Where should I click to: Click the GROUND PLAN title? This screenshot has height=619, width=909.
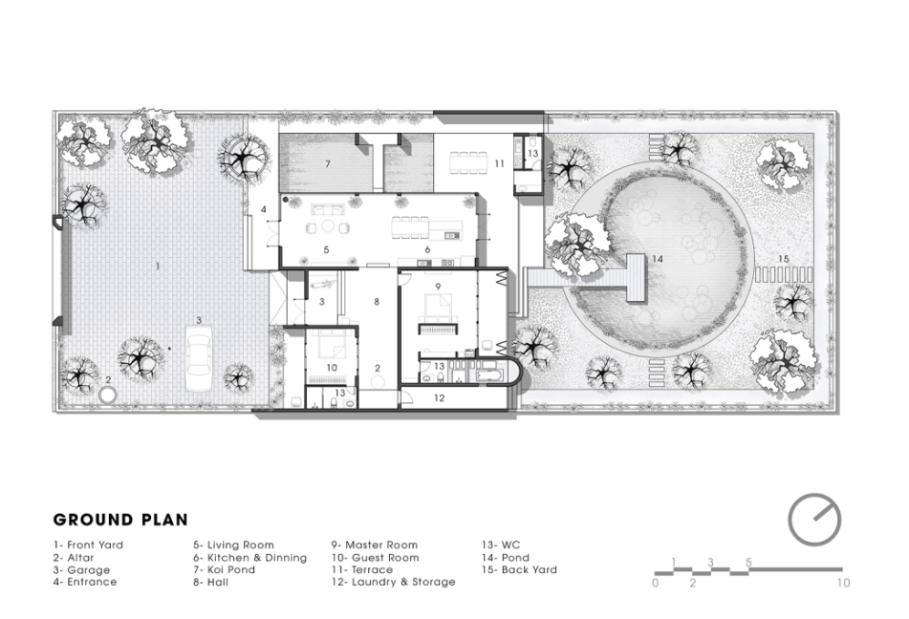tap(120, 520)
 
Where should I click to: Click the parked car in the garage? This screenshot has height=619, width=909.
tap(199, 359)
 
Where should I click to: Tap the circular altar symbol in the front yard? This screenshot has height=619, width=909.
tap(108, 395)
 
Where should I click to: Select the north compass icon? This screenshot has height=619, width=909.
tap(814, 520)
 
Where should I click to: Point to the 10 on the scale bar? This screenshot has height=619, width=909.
tap(843, 583)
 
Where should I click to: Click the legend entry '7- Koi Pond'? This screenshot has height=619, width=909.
tap(224, 569)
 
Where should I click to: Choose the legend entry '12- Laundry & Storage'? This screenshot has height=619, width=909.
tap(393, 582)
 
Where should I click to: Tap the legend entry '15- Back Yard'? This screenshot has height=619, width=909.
tap(519, 569)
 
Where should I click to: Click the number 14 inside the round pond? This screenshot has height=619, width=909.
tap(657, 259)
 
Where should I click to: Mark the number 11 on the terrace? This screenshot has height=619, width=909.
tap(499, 164)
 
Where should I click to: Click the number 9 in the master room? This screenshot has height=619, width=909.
tap(438, 287)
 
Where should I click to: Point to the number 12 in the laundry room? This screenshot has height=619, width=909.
tap(439, 398)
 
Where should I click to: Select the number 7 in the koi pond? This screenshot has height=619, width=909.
tap(328, 164)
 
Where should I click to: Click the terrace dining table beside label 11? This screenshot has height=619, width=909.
tap(469, 162)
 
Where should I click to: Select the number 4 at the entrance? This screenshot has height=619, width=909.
tap(263, 209)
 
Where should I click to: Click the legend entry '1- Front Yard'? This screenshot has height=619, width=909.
tap(88, 544)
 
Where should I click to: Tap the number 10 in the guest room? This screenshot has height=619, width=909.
tap(332, 368)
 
